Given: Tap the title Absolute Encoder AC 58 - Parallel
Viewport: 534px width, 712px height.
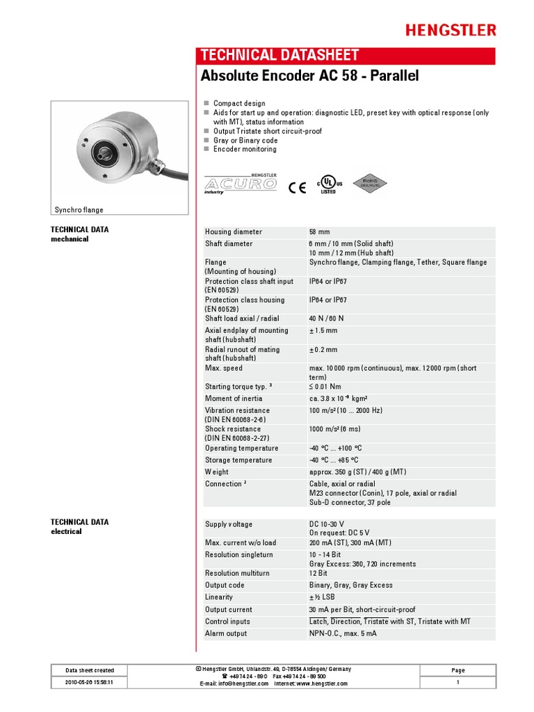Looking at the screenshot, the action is pos(309,75).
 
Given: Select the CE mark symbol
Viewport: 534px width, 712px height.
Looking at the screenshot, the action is pos(297,186).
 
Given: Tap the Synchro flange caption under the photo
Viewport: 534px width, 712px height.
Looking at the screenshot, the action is pos(79,210).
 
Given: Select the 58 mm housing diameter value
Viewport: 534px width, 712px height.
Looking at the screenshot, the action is pos(318,232).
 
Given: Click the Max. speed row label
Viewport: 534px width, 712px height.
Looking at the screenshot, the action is pos(224,368).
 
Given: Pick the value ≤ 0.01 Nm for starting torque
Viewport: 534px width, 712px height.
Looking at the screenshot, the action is pos(325,387).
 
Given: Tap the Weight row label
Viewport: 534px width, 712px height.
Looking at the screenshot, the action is pos(217,472).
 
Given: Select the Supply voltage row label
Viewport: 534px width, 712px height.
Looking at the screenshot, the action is pos(229,524).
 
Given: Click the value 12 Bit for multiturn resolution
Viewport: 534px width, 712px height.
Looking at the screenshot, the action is pos(318,573).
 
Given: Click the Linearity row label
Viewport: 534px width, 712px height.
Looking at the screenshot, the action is pos(219,597).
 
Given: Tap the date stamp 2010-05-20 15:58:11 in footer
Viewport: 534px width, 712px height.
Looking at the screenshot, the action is pos(90,683).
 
